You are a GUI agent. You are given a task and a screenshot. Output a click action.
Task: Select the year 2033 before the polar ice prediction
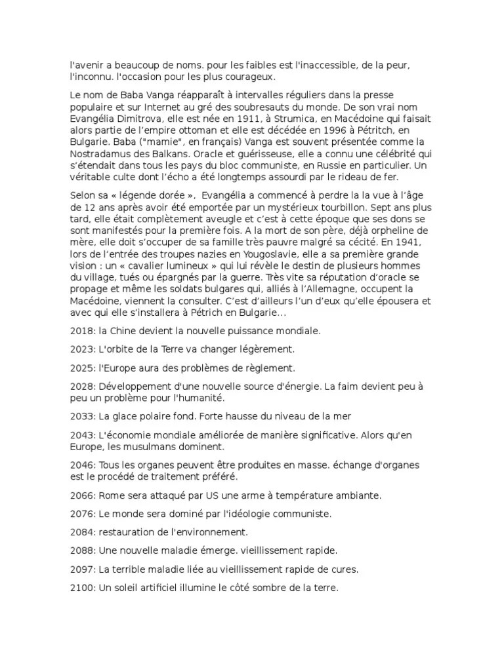pyautogui.click(x=81, y=416)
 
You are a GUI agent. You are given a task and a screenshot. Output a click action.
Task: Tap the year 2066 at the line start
pyautogui.click(x=81, y=495)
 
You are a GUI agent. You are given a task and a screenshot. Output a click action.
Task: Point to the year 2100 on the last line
pyautogui.click(x=81, y=588)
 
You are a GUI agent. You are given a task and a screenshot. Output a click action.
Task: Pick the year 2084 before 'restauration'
pyautogui.click(x=81, y=531)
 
